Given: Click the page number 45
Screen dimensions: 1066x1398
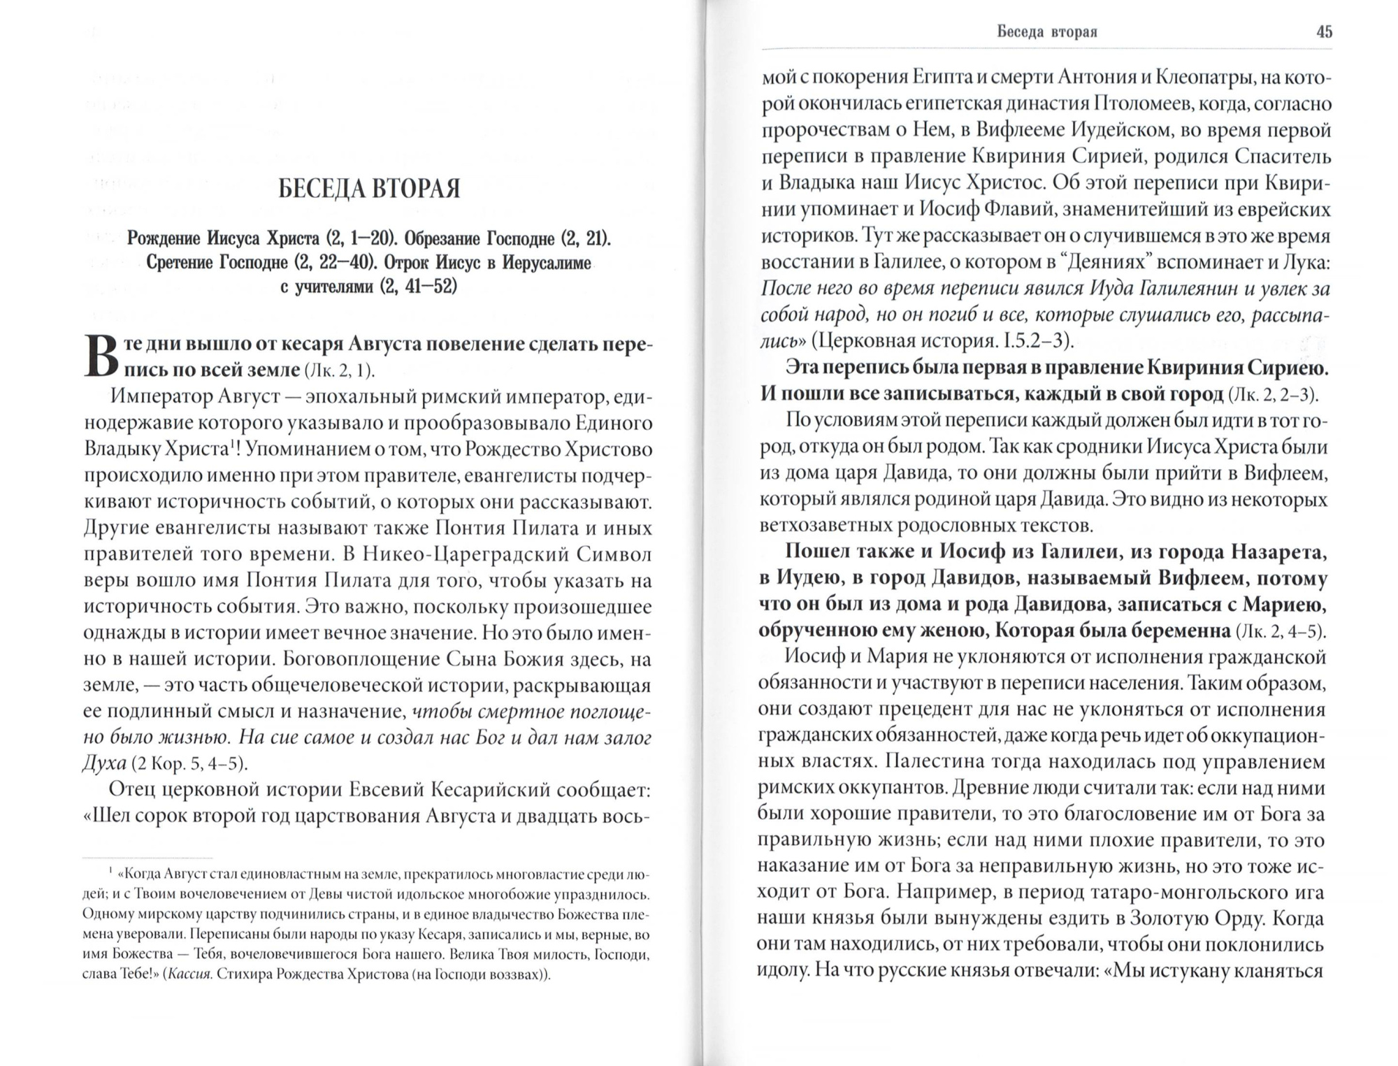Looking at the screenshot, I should click(1324, 32).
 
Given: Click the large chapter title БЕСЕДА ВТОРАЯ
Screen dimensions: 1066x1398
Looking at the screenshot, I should click(369, 189).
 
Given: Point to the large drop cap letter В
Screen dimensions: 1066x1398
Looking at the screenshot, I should click(99, 357).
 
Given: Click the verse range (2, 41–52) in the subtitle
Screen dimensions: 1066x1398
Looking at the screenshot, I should click(418, 287).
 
